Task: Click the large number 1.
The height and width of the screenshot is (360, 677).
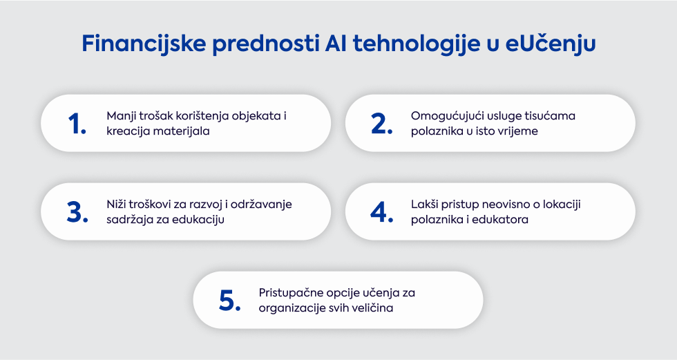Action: pyautogui.click(x=77, y=124)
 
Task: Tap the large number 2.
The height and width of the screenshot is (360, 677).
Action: pyautogui.click(x=381, y=124)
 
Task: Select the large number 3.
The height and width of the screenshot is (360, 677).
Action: pyautogui.click(x=77, y=212)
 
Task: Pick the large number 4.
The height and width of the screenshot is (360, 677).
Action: pyautogui.click(x=381, y=212)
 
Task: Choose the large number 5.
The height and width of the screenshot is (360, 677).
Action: pyautogui.click(x=229, y=301)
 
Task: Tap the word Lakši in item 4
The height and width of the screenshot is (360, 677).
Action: pyautogui.click(x=424, y=204)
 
